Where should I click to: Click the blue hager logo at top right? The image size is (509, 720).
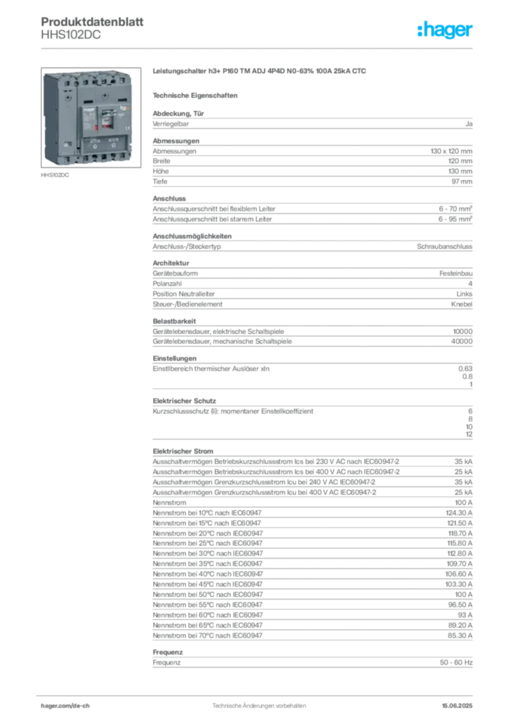coord(446,31)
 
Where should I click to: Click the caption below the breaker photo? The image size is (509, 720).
coord(56,176)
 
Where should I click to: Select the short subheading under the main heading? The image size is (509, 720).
coord(198,95)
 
